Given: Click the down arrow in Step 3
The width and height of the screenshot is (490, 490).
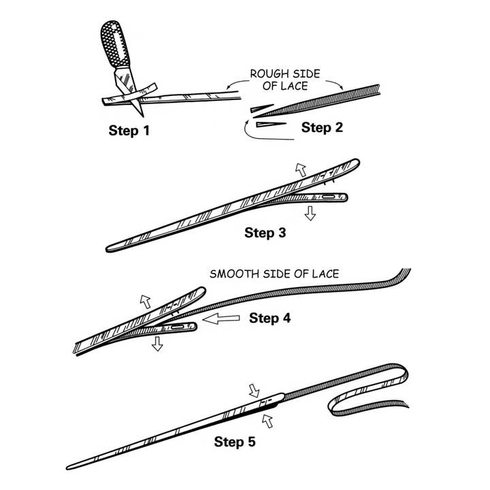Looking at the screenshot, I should click(x=311, y=213).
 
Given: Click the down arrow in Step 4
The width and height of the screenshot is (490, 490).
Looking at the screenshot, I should click(x=157, y=344).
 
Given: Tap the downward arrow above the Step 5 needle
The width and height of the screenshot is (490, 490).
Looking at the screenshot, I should click(x=255, y=390).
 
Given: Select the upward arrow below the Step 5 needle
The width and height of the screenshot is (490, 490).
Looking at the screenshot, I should click(x=267, y=422).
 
